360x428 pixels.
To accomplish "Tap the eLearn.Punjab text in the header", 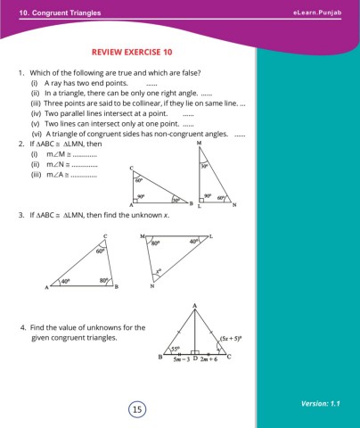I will [317, 11].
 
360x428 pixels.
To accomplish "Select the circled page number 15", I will [136, 409].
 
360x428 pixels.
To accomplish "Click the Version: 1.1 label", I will [323, 403].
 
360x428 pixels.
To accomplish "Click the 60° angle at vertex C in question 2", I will [139, 181].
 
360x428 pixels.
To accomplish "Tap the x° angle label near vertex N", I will [159, 271].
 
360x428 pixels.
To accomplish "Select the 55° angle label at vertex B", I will [176, 349].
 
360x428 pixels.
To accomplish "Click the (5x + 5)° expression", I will [228, 338].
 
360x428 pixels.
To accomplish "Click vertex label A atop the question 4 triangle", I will [194, 306].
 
